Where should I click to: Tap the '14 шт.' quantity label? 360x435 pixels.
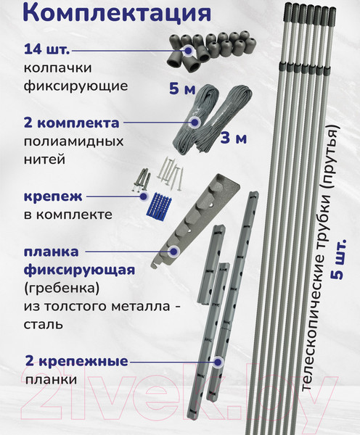tap(47, 50)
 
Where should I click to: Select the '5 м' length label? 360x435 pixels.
tap(182, 88)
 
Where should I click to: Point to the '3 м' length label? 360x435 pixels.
tap(233, 138)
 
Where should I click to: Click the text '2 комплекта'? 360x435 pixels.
tap(72, 123)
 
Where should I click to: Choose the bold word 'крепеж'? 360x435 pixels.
tap(53, 197)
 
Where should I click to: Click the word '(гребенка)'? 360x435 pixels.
tap(62, 289)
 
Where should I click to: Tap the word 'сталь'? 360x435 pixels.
tap(43, 325)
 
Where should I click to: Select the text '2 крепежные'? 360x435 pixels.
tap(77, 362)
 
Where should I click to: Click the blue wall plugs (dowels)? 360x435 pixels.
tap(159, 206)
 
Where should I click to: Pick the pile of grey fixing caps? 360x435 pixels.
tap(211, 50)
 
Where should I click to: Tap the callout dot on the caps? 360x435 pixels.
tap(188, 51)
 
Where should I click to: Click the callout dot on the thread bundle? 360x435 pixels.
tap(195, 122)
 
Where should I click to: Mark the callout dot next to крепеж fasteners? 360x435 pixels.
tap(143, 196)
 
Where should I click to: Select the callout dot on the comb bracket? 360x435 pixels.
tap(173, 252)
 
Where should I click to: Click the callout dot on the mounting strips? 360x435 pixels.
tap(218, 362)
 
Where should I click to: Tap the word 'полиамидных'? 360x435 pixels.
tap(73, 142)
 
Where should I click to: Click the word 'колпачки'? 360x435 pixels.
tap(58, 68)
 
